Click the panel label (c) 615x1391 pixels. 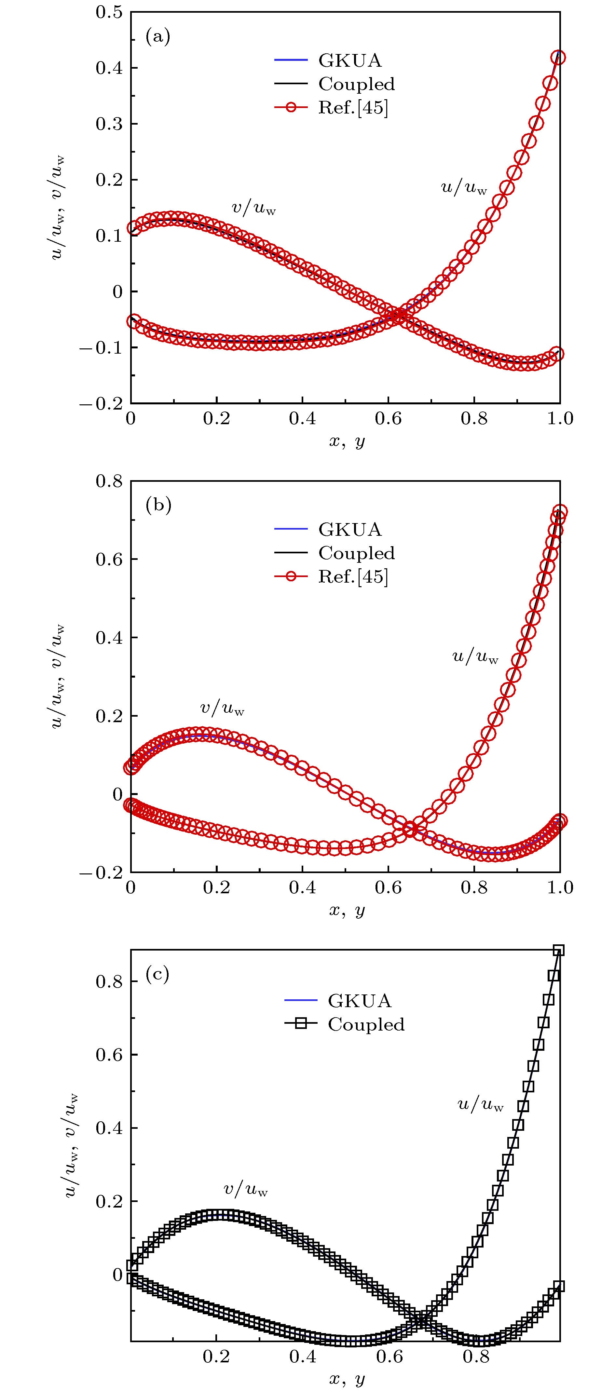pyautogui.click(x=158, y=974)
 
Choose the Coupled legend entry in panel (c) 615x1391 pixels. pyautogui.click(x=365, y=1024)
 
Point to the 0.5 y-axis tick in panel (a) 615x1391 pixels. pyautogui.click(x=109, y=12)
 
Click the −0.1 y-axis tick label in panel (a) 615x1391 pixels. pyautogui.click(x=102, y=347)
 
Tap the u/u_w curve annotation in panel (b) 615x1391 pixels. pyautogui.click(x=475, y=656)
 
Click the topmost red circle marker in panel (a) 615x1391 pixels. pyautogui.click(x=559, y=57)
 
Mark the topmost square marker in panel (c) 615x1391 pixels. pyautogui.click(x=559, y=950)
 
